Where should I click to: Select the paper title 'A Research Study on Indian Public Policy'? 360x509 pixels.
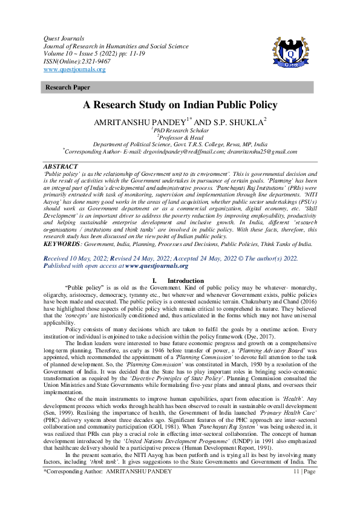pos(180,105)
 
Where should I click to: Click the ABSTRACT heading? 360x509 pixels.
pos(61,166)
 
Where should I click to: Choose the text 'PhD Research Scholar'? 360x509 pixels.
pos(180,130)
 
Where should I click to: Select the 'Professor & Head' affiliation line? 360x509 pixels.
pos(180,137)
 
